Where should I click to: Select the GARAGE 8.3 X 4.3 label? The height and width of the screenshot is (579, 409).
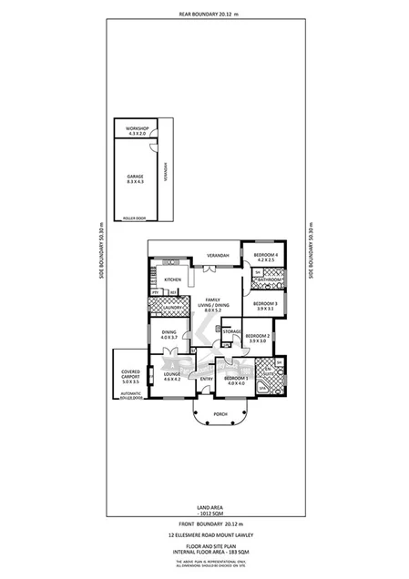136,179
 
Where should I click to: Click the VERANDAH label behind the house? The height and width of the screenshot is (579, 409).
217,255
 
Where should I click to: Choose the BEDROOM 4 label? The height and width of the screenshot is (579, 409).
264,257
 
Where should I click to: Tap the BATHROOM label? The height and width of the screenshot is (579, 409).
268,280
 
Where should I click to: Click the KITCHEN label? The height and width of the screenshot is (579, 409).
173,279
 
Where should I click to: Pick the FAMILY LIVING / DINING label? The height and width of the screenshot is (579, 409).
213,305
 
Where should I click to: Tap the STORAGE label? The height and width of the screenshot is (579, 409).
231,331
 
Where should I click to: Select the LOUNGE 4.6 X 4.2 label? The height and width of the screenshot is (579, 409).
171,375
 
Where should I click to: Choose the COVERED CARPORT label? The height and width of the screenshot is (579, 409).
131,376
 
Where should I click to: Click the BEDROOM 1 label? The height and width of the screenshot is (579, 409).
237,380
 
